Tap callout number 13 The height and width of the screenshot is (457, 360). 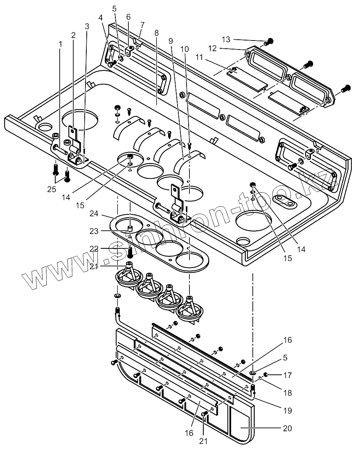(226, 40)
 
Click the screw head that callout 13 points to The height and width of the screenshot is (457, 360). (270, 41)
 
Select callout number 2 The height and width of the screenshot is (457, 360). (73, 35)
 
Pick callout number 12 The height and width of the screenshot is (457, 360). (212, 48)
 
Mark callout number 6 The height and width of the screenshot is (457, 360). (128, 17)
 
